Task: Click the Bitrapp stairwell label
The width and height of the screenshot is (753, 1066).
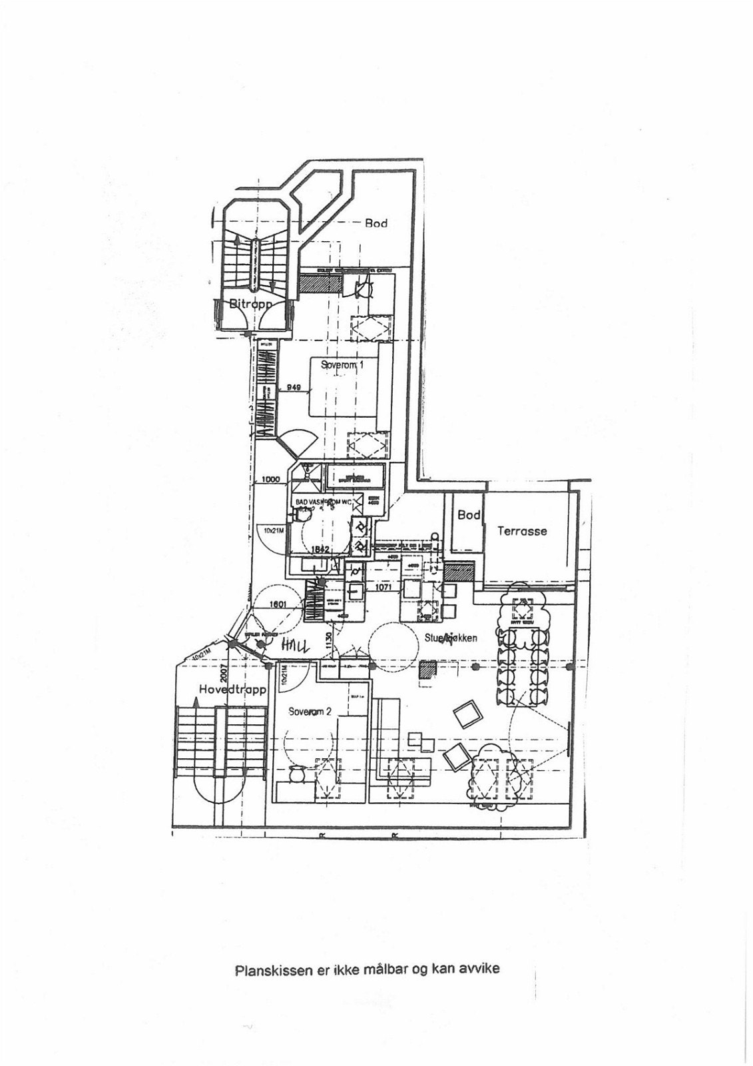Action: (251, 304)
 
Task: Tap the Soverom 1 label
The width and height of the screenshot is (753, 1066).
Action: (342, 364)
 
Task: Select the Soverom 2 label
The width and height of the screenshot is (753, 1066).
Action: (310, 712)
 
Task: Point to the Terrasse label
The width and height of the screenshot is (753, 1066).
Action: (522, 531)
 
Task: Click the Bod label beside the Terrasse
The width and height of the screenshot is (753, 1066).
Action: (469, 515)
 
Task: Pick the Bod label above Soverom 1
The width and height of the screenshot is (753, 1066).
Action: (376, 223)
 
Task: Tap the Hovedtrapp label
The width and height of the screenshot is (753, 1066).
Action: (232, 690)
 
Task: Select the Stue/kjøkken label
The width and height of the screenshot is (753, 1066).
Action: (451, 638)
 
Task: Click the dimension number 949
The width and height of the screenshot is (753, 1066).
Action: (294, 386)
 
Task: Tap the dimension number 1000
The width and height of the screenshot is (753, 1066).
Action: (270, 479)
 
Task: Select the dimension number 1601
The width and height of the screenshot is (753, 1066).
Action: (278, 605)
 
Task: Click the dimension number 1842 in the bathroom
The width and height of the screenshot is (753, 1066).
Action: (322, 549)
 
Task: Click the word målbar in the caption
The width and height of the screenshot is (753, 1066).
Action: (385, 969)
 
